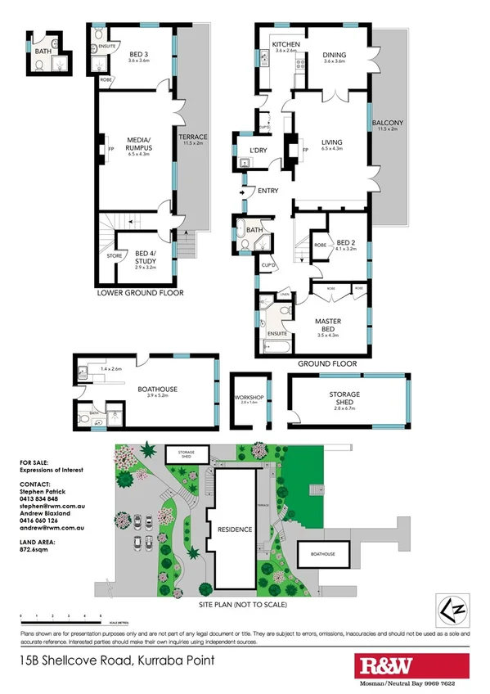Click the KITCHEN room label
[x=285, y=43]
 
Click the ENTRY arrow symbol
[x=243, y=192]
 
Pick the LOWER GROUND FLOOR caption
[x=140, y=292]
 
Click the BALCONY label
[x=387, y=124]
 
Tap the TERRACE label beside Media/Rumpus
[x=193, y=137]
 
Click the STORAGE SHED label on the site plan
[x=183, y=453]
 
